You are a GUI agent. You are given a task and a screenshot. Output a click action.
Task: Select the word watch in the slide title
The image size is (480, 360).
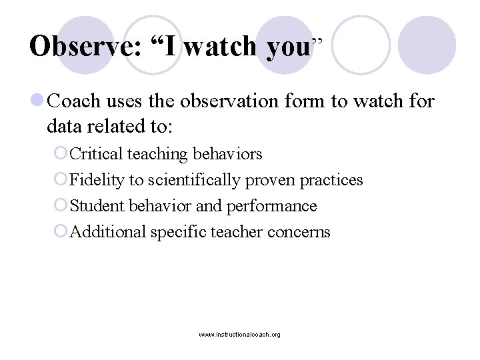(x=220, y=46)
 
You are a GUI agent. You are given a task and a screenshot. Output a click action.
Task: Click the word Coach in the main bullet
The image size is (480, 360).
(x=74, y=102)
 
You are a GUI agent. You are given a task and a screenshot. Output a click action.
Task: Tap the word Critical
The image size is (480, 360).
(x=96, y=154)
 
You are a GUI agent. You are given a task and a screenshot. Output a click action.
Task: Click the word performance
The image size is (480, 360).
(x=272, y=206)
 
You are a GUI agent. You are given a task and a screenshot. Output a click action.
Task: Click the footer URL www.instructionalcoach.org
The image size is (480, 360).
(x=239, y=334)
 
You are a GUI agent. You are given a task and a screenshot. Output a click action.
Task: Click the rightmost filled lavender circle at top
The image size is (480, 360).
(x=427, y=45)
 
